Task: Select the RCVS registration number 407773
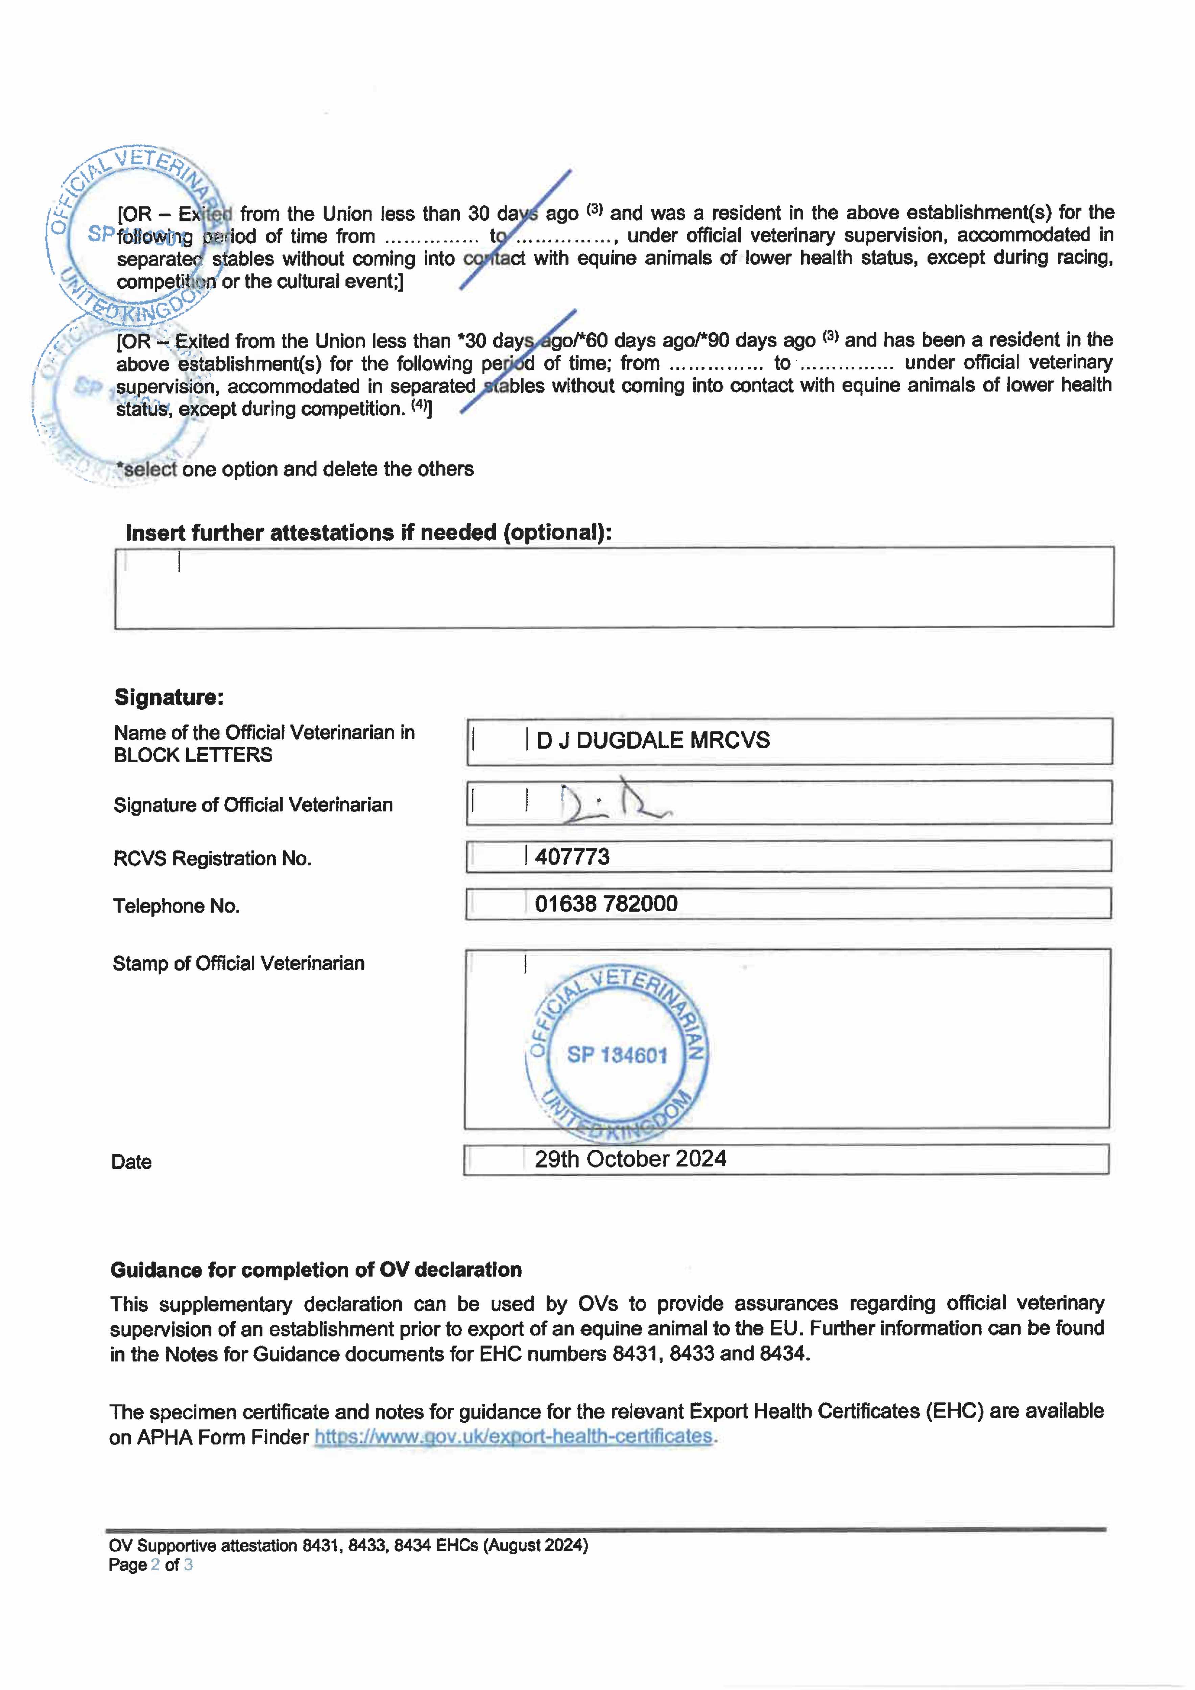[572, 857]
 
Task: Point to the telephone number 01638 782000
[606, 904]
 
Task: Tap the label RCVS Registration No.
[212, 859]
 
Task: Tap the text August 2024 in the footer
[536, 1545]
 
